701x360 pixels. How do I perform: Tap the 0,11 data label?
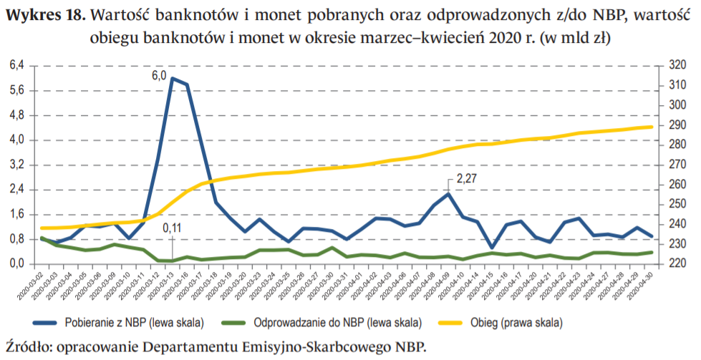click(172, 228)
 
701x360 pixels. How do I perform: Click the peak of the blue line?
click(172, 78)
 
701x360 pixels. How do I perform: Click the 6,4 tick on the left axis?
click(16, 65)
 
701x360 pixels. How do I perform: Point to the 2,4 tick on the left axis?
click(16, 190)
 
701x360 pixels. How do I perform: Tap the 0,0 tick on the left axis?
click(16, 264)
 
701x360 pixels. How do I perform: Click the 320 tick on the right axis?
click(677, 65)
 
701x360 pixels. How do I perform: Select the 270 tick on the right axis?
click(677, 165)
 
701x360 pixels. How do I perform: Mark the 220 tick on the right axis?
click(677, 264)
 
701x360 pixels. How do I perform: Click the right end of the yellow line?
click(651, 127)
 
